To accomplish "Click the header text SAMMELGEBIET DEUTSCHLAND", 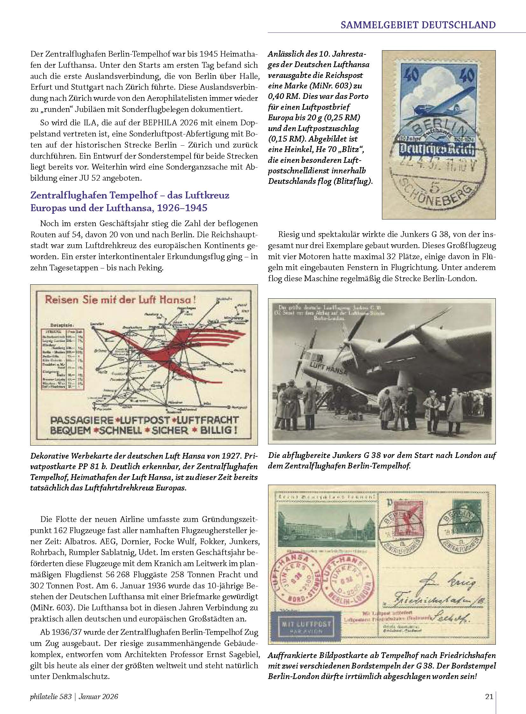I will coord(418,24).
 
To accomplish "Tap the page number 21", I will coord(489,697).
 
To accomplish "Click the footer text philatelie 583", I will coord(51,697).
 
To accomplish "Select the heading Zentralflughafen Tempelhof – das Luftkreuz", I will coord(129,195).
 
